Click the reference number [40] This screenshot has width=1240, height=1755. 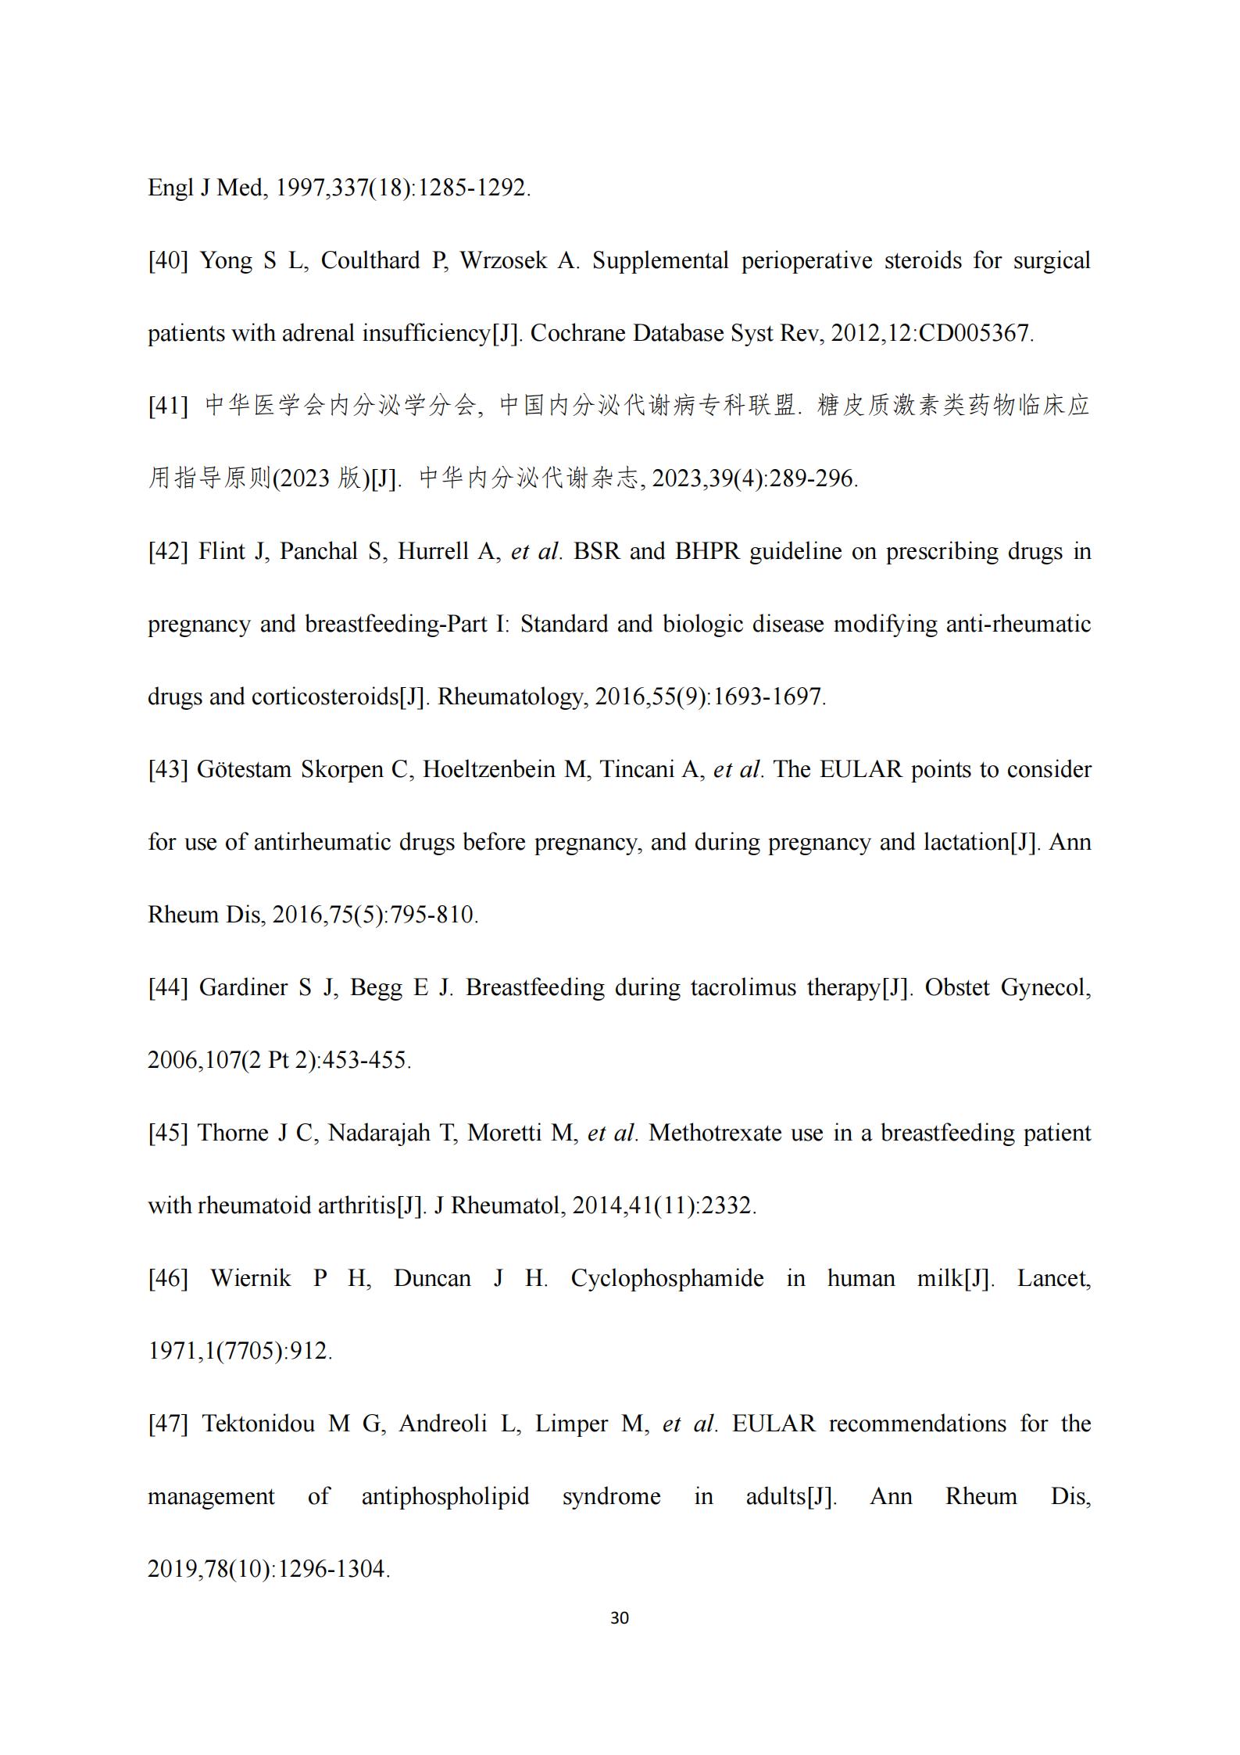click(x=168, y=261)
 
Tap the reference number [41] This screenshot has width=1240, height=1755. click(x=168, y=407)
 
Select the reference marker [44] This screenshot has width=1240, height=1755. click(x=168, y=988)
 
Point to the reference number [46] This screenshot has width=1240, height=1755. click(x=168, y=1279)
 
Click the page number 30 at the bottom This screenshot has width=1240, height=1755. click(x=619, y=1618)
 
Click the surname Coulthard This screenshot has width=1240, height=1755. click(x=370, y=261)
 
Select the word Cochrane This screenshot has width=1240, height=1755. click(x=577, y=334)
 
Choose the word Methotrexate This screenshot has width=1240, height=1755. click(x=715, y=1134)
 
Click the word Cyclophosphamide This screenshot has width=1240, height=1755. click(x=667, y=1279)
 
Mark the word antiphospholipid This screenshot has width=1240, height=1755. click(x=445, y=1497)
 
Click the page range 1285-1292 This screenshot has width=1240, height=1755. click(x=473, y=188)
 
